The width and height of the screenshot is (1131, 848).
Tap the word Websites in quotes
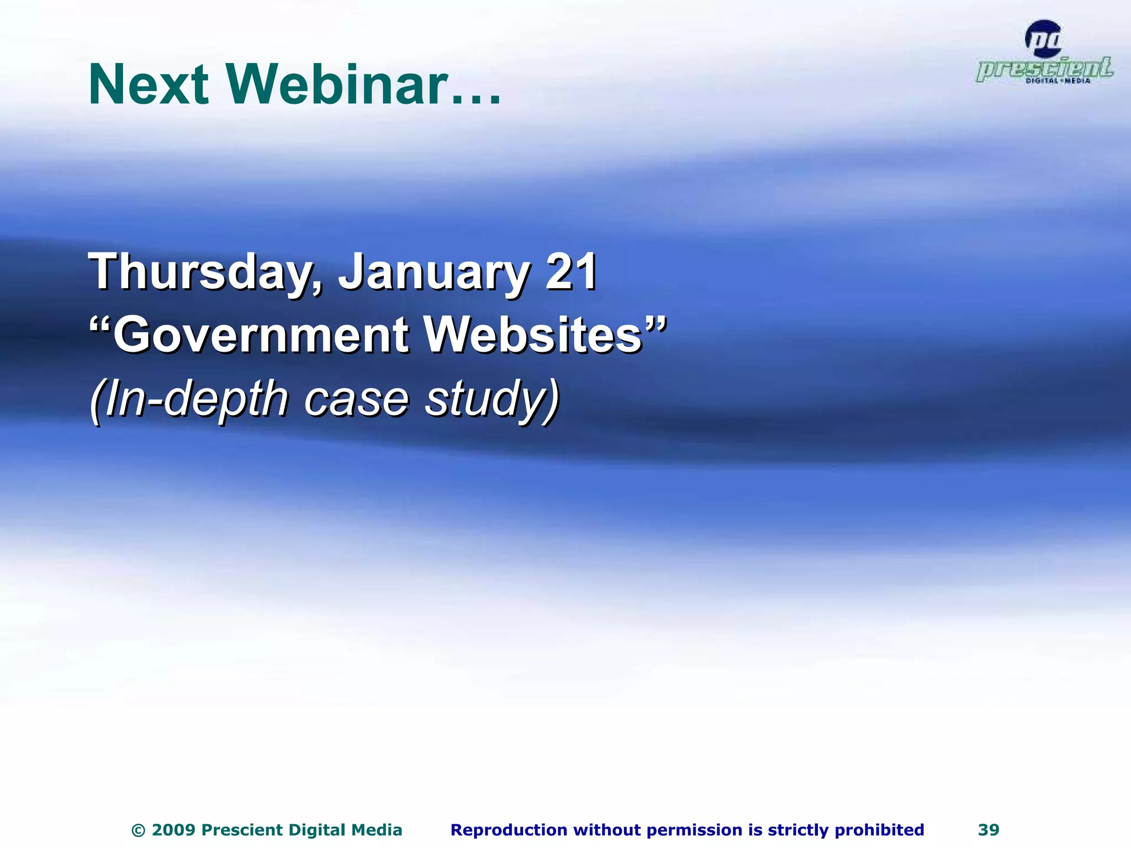[x=533, y=336]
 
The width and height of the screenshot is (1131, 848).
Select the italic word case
[x=356, y=399]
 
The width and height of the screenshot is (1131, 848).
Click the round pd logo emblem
[x=1043, y=39]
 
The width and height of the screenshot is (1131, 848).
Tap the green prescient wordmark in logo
[x=1044, y=69]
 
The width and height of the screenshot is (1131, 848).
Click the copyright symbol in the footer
[x=139, y=830]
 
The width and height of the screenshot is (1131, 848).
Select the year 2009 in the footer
[x=173, y=830]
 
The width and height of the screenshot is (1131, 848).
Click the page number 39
[x=989, y=830]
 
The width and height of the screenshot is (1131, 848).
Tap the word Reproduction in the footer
[x=508, y=830]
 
